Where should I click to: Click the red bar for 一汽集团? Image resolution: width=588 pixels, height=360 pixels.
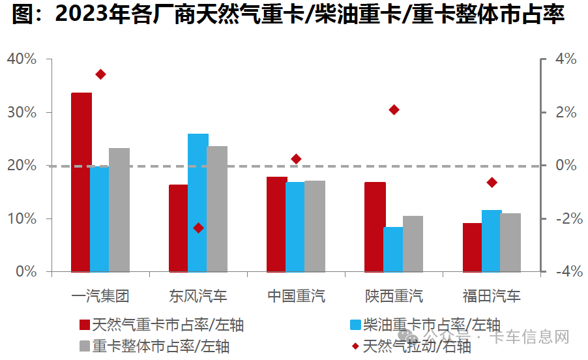coord(81,181)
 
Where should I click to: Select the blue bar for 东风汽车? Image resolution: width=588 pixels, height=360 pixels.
coord(198,202)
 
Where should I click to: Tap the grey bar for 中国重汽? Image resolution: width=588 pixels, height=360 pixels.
coord(315,226)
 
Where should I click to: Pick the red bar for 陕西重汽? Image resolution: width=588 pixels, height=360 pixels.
coord(374,226)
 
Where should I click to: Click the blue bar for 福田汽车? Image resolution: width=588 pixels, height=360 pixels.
coord(491,240)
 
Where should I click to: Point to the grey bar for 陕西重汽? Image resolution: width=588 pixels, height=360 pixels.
coord(413,243)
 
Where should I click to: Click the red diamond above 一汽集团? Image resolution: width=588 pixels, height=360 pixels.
coord(100,74)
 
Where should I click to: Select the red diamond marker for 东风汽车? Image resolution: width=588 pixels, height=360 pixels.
coord(199,228)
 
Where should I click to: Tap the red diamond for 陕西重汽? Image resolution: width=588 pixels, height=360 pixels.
coord(394,110)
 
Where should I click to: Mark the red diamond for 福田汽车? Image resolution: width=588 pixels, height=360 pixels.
coord(492,182)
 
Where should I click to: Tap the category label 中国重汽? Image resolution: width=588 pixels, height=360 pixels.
coord(296,296)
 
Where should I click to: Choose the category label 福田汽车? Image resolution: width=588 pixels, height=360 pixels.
coord(492,296)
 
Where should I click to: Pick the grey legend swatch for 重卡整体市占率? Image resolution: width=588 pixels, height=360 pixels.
coord(83,345)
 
